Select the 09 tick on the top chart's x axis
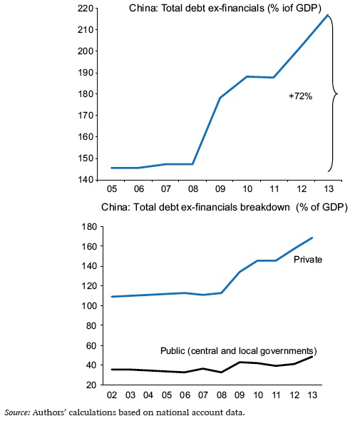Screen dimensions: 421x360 [221, 190]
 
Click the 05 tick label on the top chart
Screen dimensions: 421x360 [112, 190]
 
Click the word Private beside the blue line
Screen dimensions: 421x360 [309, 259]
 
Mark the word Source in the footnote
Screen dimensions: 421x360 [19, 412]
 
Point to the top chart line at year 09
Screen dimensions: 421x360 [221, 97]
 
